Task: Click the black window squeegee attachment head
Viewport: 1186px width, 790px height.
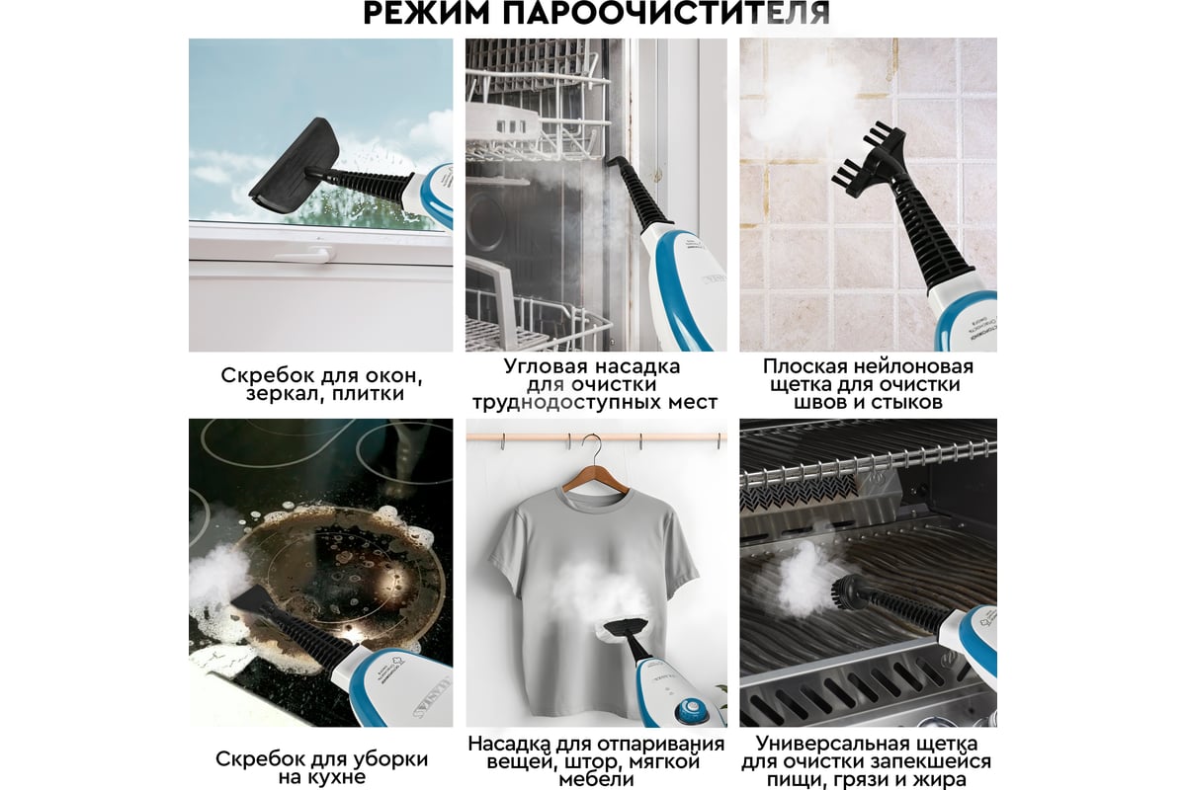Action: tap(295, 166)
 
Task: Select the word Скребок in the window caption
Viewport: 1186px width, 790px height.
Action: tap(262, 375)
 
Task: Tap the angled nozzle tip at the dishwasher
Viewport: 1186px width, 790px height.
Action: tap(615, 163)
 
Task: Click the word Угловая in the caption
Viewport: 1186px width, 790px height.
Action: tap(545, 366)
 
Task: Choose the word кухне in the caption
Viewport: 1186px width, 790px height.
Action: tap(337, 778)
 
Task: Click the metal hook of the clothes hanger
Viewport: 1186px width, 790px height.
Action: tap(595, 449)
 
